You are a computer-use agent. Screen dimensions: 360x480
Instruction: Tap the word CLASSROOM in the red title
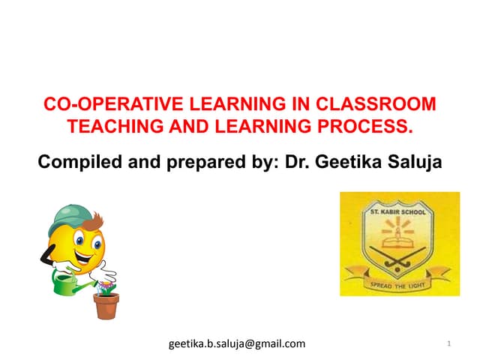point(383,103)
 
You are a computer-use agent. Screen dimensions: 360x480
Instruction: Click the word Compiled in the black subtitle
point(75,160)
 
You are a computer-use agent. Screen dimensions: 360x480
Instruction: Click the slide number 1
point(448,343)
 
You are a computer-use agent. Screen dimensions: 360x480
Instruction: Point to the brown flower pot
point(106,305)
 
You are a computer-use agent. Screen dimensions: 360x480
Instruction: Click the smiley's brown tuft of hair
point(96,220)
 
